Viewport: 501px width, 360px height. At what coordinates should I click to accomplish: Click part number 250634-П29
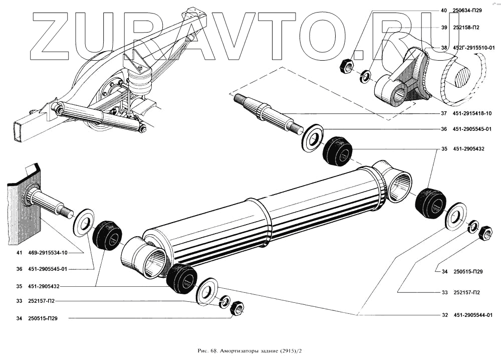(x=467, y=11)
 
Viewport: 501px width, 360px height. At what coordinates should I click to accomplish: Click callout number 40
(x=443, y=11)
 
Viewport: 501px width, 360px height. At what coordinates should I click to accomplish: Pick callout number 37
(x=443, y=113)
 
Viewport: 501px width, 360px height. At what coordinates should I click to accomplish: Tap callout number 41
(x=19, y=252)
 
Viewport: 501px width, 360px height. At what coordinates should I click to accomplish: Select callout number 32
(x=443, y=315)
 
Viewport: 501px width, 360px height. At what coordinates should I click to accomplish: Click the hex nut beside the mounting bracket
(x=346, y=66)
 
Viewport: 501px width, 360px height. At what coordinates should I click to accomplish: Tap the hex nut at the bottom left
(x=236, y=308)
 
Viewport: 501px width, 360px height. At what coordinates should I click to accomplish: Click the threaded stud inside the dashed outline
(x=266, y=113)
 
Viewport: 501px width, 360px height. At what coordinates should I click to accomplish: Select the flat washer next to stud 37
(x=313, y=136)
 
